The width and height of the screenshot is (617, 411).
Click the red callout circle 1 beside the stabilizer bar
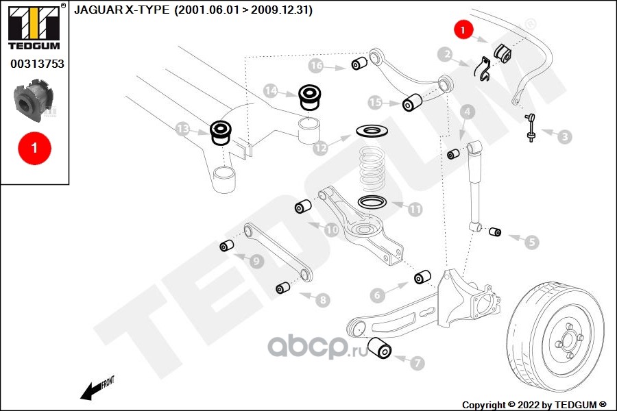463,29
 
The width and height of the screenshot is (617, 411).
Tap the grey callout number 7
418,362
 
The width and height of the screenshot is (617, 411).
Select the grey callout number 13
182,129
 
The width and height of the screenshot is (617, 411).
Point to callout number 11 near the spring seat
415,209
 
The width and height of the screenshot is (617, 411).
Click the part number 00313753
38,64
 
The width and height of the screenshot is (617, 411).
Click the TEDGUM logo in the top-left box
34,27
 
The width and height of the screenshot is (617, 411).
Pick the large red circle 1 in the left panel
35,148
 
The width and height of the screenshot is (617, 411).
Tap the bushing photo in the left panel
34,99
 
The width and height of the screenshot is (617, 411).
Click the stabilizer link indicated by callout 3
531,127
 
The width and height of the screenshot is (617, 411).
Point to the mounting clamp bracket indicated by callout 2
483,68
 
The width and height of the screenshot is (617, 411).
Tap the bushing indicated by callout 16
359,63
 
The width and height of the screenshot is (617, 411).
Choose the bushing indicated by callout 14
310,96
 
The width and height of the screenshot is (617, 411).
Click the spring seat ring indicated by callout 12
372,131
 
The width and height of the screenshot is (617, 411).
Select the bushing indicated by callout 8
283,288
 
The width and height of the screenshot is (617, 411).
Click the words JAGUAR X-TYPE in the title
122,10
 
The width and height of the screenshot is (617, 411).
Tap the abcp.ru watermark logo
317,347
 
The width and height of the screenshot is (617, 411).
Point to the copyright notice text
534,405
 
